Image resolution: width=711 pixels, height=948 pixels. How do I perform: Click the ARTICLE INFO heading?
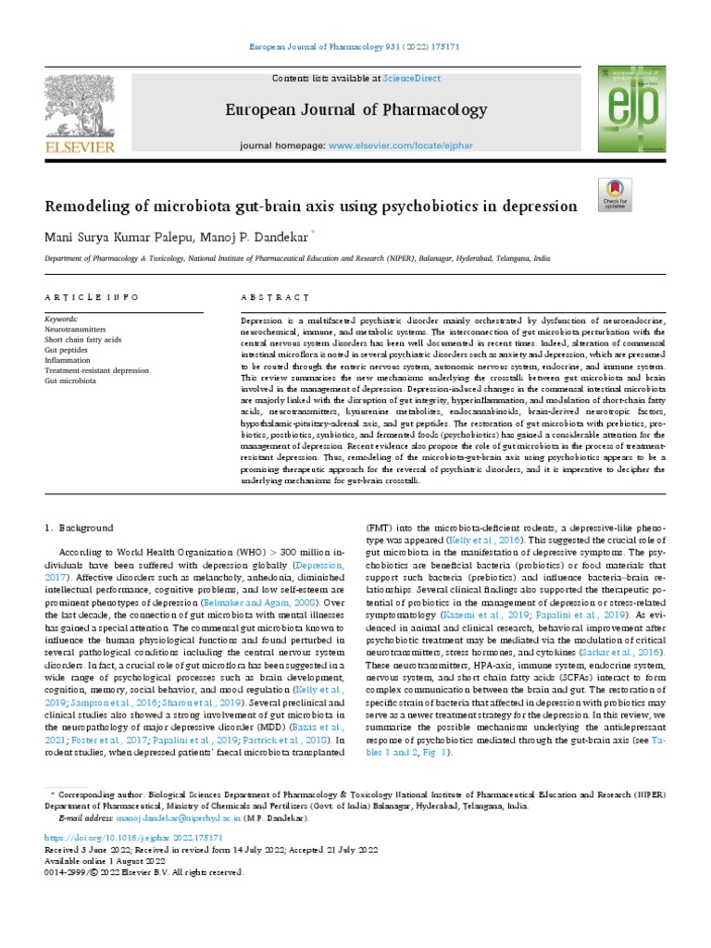[92, 297]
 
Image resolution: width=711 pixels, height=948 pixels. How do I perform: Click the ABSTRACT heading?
[273, 297]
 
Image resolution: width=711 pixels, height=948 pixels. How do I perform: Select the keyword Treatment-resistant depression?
[96, 369]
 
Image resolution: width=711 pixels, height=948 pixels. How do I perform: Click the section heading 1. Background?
[80, 528]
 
